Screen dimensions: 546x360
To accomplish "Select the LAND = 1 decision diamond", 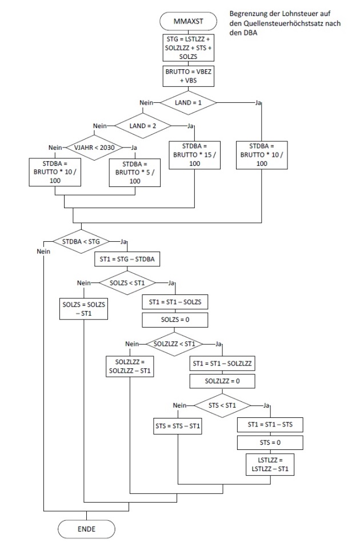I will pos(188,103).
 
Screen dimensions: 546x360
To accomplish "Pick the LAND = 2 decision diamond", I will pos(143,125).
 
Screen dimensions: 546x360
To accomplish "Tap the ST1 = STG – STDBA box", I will pos(127,260).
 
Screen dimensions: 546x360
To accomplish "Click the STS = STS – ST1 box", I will pos(179,426).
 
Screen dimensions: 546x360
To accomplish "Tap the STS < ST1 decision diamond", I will pos(223,405).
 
